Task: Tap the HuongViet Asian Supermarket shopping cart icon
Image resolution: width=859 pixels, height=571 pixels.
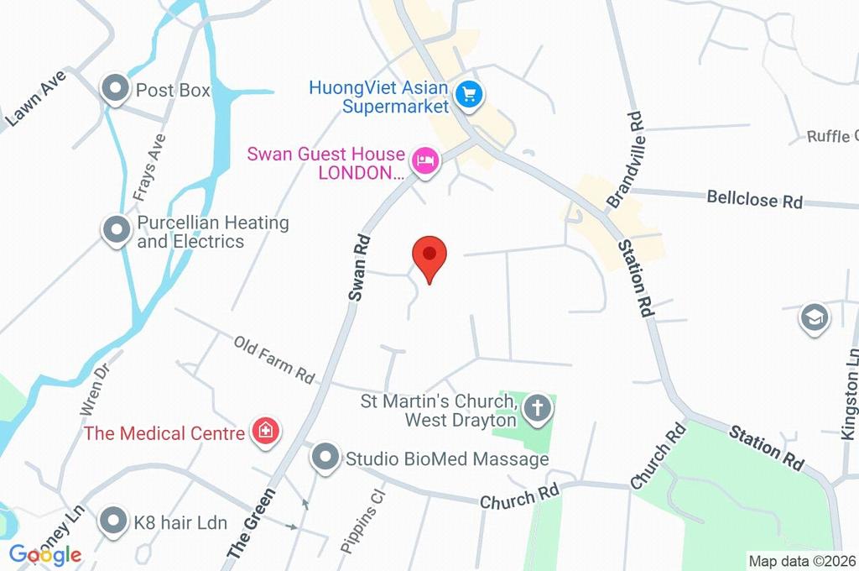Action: [x=468, y=96]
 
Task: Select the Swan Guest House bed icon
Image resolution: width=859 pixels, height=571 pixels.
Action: [x=425, y=161]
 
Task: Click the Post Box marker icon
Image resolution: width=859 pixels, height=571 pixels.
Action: [x=114, y=89]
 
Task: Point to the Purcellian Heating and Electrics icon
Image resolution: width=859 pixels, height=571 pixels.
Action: [x=114, y=230]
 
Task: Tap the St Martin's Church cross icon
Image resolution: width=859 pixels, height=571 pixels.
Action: [x=537, y=410]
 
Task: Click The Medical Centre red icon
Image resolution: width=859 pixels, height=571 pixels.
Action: [x=266, y=432]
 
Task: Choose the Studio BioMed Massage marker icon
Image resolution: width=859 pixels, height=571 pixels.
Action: [x=325, y=458]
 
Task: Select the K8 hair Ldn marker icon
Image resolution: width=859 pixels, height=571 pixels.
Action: [x=113, y=522]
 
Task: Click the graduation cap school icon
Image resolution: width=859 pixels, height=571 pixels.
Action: [x=815, y=318]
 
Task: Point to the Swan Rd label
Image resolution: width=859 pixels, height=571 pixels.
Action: [x=359, y=267]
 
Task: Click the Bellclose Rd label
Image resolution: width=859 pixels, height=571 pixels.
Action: [x=754, y=199]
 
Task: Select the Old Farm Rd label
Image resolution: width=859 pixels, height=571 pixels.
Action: [x=273, y=359]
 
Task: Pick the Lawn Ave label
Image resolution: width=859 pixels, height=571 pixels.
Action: [x=35, y=99]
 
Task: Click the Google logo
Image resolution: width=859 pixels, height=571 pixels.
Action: [x=46, y=554]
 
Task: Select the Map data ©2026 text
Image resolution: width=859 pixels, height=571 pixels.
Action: [x=801, y=561]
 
